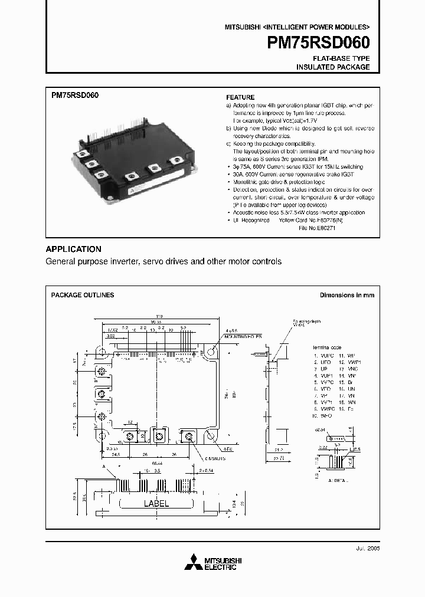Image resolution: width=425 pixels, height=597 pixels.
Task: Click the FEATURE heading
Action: tap(240, 97)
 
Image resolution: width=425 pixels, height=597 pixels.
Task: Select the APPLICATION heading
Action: tap(73, 249)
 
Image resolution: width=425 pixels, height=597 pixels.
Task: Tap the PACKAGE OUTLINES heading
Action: tap(83, 295)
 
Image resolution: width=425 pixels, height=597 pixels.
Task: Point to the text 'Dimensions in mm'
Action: tap(346, 295)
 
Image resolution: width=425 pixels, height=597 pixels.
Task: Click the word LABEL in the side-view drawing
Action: tap(156, 504)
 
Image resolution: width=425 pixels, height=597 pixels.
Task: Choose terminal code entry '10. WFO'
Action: tap(322, 416)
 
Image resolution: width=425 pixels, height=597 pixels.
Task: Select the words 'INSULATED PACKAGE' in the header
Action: tap(333, 67)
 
